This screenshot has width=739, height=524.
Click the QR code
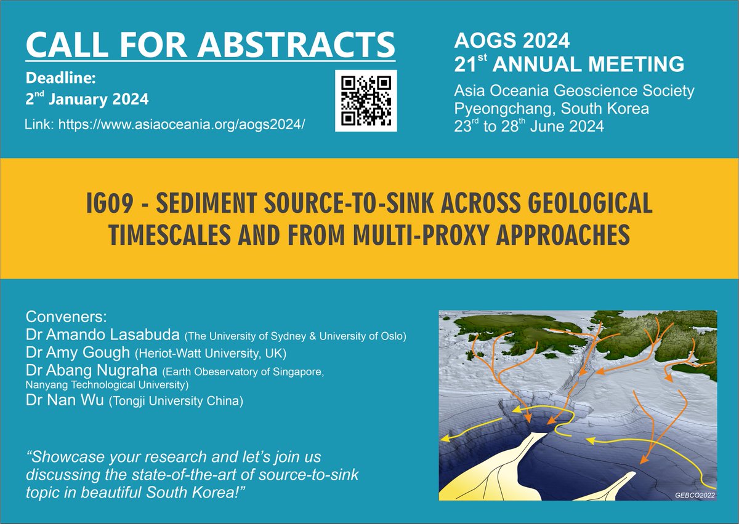366,100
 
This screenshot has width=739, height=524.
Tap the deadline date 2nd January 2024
87,98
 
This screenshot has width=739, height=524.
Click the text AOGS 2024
512,42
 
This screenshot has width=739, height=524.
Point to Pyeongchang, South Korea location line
551,109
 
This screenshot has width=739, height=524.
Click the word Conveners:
66,318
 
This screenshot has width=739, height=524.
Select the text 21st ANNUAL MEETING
568,63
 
